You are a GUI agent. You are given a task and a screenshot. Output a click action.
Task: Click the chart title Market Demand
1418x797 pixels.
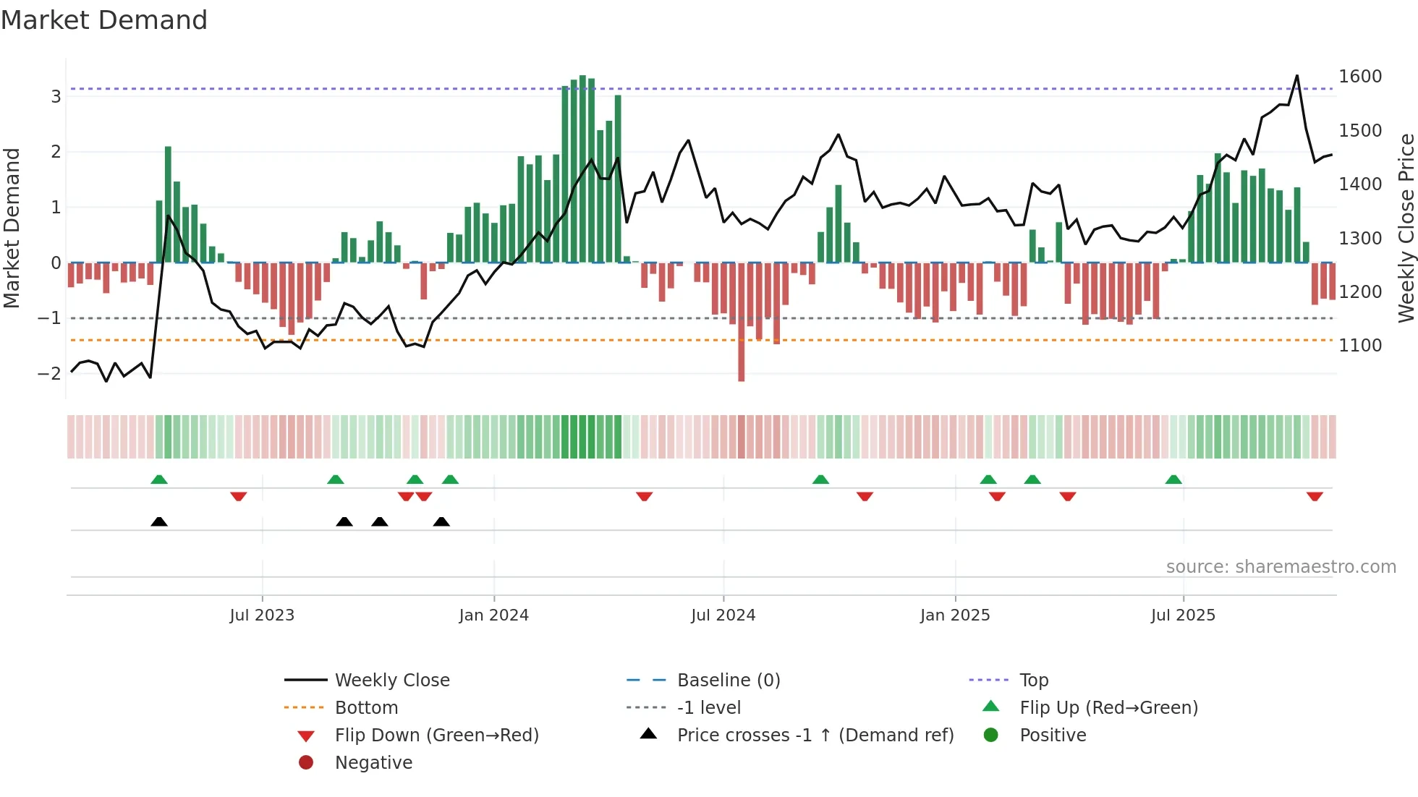point(104,20)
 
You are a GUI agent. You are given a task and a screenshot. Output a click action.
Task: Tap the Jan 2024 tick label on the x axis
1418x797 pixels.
point(493,615)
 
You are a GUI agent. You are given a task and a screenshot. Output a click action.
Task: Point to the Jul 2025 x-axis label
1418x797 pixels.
point(1183,615)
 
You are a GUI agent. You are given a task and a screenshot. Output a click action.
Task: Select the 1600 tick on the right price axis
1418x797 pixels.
point(1360,77)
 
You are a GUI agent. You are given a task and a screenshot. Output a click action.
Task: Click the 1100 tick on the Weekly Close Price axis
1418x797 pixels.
point(1360,346)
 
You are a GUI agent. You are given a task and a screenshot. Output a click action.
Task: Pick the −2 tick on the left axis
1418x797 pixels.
point(49,374)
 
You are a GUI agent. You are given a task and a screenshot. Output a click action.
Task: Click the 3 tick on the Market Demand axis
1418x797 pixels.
point(56,96)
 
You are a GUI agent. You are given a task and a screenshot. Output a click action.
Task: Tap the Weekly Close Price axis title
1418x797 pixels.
point(1406,228)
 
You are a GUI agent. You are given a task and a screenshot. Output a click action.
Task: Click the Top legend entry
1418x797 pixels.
point(1033,681)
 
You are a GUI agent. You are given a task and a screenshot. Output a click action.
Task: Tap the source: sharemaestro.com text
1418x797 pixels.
point(1281,567)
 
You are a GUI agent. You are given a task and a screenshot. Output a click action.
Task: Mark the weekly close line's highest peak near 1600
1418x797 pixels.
point(1296,76)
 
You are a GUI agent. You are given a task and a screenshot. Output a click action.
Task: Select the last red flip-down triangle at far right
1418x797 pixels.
point(1315,496)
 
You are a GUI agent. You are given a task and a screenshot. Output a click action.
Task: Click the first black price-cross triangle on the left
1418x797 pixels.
point(159,521)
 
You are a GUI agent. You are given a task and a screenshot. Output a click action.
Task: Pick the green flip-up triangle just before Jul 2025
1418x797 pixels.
point(1173,480)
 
